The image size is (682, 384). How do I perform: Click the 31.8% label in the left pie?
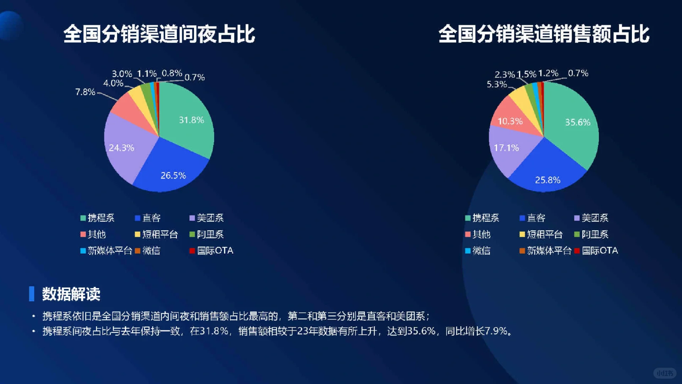coord(191,120)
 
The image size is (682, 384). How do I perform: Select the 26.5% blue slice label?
coord(173,175)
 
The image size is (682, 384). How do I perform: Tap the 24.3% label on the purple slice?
coord(121,148)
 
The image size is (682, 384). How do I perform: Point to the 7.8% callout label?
coord(85,92)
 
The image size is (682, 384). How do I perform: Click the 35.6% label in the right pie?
coord(578,122)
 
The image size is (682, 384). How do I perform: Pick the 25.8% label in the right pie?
coord(548,180)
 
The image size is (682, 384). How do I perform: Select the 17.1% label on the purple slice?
coord(507,148)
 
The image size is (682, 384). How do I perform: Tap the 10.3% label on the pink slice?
coord(510,121)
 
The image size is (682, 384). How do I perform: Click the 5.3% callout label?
coord(497,84)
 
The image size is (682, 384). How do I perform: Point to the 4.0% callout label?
coord(113,83)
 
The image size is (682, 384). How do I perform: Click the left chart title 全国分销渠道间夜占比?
coord(159,34)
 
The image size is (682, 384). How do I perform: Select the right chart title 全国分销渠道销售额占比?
coord(544,34)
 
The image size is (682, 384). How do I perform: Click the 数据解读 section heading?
coord(71,294)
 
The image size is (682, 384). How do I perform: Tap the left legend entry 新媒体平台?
coord(110,251)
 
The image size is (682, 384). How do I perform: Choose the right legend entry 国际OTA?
coord(600,251)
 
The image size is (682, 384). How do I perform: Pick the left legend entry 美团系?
coord(210,218)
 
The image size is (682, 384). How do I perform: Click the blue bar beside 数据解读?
coord(32,294)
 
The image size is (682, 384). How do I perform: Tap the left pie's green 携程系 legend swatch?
coord(83,218)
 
